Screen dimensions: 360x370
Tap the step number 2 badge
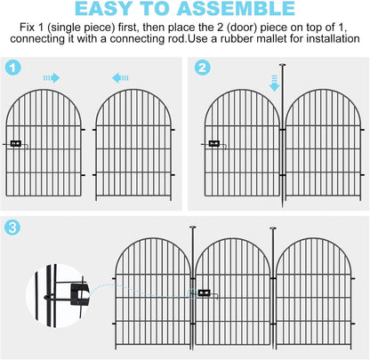pos(202,68)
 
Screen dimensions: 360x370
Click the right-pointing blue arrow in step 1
pos(52,78)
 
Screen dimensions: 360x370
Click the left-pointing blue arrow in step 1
pos(125,78)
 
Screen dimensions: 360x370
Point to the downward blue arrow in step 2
pos(275,82)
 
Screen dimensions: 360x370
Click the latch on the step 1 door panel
pos(15,143)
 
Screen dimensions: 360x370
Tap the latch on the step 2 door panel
pos(213,143)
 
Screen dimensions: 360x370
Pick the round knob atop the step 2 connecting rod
pos(280,65)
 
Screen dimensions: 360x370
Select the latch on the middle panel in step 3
pos(205,292)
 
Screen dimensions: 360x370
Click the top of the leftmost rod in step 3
pos(191,229)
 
